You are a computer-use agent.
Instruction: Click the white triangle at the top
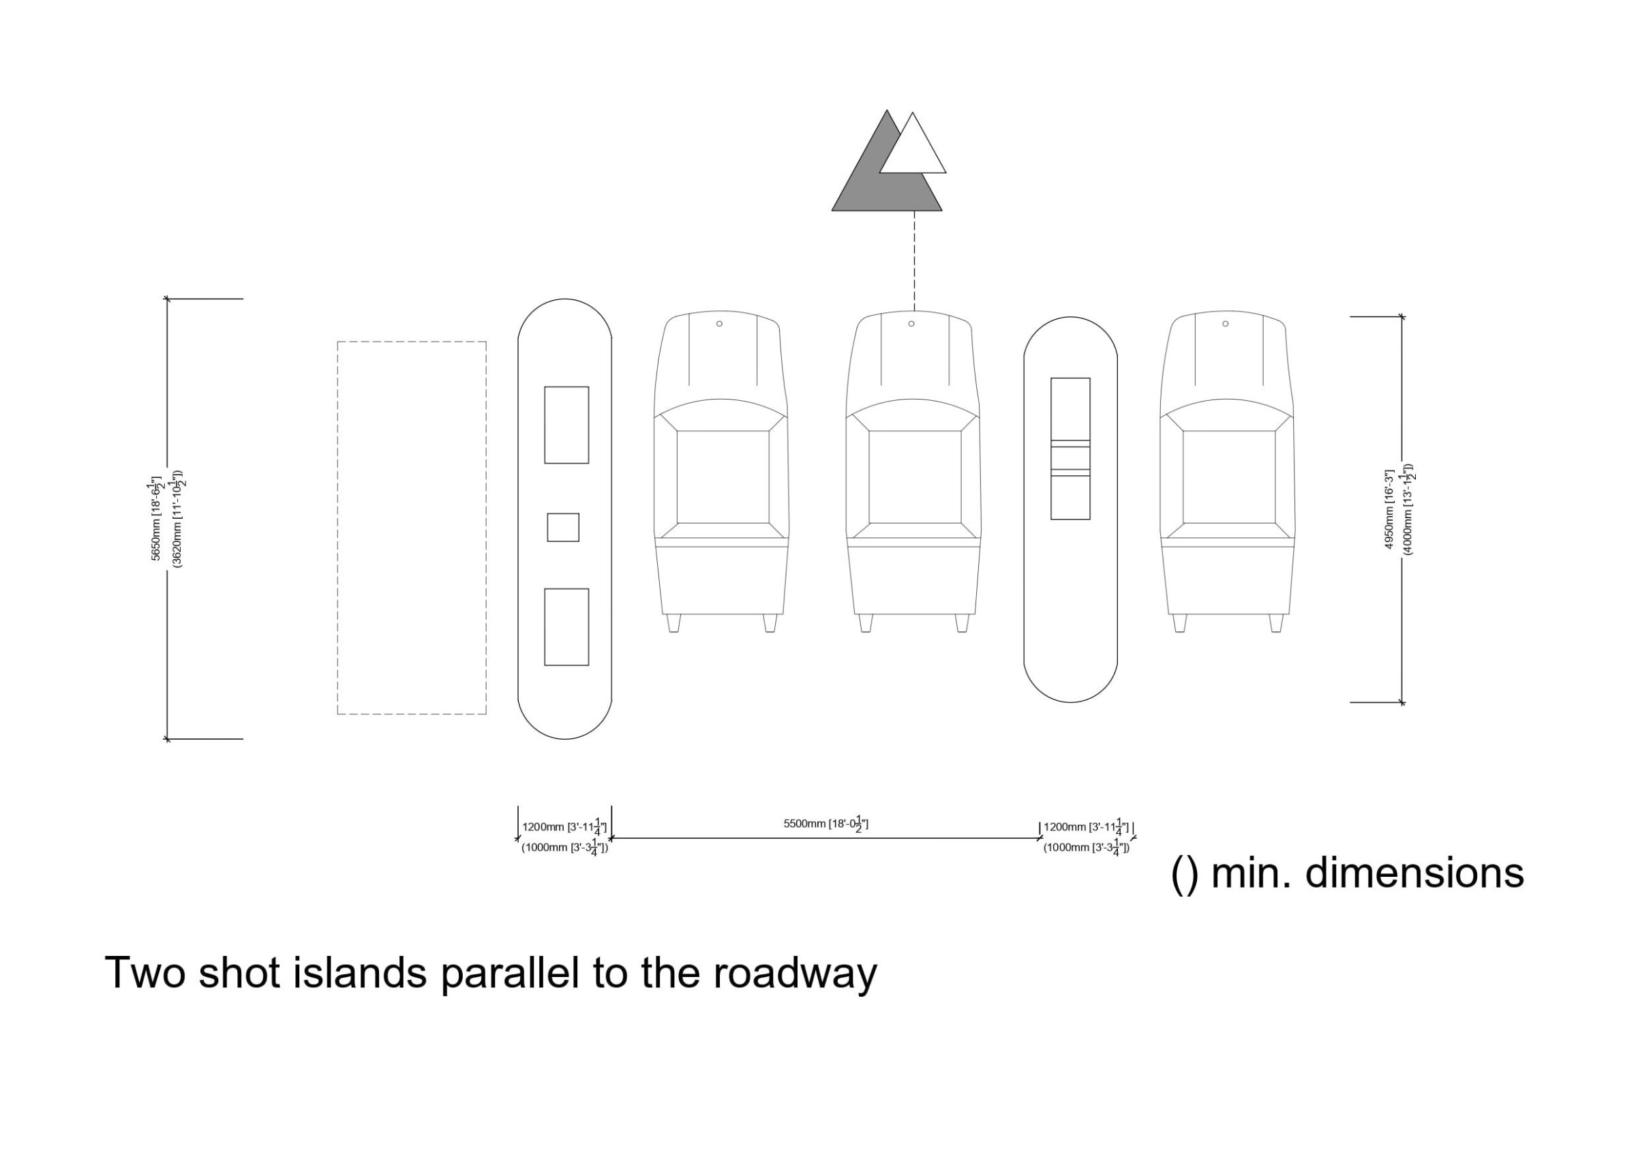pos(913,150)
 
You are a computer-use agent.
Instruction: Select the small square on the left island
pos(563,528)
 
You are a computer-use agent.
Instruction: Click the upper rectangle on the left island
pos(566,425)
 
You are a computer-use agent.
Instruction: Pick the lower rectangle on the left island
pos(566,627)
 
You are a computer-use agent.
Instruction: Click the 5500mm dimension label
pos(825,824)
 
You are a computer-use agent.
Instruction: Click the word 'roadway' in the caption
pos(796,974)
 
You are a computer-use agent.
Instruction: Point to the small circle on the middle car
pos(911,324)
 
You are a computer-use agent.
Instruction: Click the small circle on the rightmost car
pos(1226,324)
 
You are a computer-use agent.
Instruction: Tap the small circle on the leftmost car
pos(720,324)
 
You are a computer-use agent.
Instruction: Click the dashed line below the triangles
pos(915,261)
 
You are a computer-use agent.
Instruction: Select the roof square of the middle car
pos(915,477)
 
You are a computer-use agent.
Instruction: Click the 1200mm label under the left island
pos(564,827)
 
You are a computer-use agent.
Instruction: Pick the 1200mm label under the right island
pos(1087,827)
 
